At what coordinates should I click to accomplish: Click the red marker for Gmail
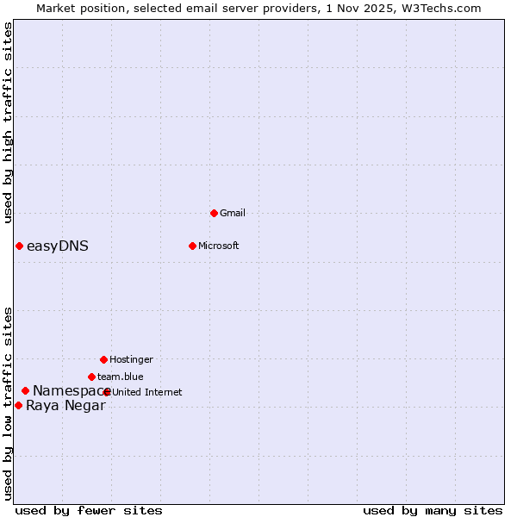(x=214, y=213)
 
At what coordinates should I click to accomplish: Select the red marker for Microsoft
(x=192, y=246)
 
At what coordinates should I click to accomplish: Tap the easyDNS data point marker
(x=19, y=246)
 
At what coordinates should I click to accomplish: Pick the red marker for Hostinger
(x=103, y=359)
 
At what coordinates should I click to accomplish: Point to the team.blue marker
(x=91, y=377)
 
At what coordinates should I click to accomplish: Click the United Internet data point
(x=107, y=392)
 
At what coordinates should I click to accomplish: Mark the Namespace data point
(x=25, y=391)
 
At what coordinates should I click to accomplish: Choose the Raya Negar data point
(x=18, y=405)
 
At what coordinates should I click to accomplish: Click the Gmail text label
(x=233, y=213)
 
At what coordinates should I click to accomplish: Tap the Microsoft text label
(x=219, y=246)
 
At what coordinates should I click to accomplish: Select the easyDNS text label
(x=58, y=246)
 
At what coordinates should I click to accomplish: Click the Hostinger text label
(x=131, y=359)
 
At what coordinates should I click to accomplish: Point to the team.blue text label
(x=121, y=377)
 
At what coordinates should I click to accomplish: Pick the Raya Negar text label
(x=65, y=406)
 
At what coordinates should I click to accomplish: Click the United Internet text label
(x=147, y=392)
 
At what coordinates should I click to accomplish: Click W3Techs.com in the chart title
(x=438, y=8)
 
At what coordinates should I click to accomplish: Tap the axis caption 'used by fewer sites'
(x=89, y=510)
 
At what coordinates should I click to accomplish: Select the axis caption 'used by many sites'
(x=433, y=510)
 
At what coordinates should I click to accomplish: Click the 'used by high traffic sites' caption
(x=8, y=122)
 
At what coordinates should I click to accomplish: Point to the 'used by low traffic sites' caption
(x=8, y=402)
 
